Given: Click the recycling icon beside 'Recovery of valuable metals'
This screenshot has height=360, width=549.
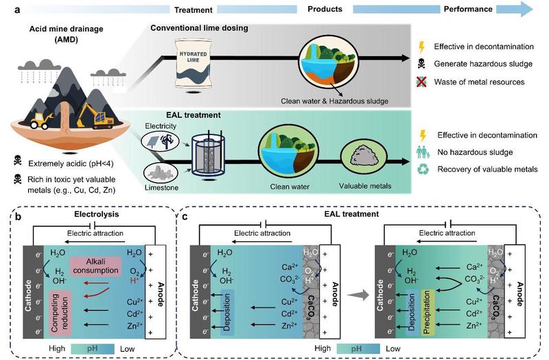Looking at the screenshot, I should [421, 168].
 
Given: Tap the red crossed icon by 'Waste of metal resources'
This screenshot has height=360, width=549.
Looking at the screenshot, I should [421, 82].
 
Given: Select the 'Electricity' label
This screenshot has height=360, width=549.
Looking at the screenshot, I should [162, 127].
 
